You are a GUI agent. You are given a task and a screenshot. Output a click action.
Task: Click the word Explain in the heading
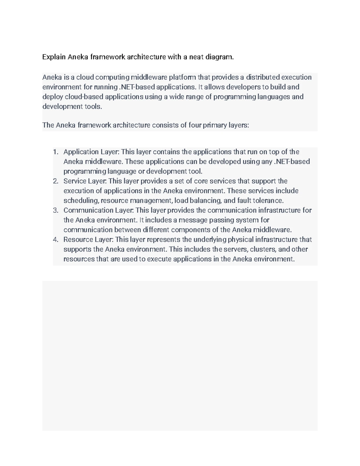54,57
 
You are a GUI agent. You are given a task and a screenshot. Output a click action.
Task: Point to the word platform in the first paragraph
182,77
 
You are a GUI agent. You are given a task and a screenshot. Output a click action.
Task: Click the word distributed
262,77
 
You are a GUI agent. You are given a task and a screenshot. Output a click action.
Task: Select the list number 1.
55,152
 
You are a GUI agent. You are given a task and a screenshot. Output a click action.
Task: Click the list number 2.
55,181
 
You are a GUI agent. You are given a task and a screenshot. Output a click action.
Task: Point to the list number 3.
55,210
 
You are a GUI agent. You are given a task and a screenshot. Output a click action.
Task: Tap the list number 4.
55,239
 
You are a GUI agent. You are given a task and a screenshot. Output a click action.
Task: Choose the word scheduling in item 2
81,200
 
